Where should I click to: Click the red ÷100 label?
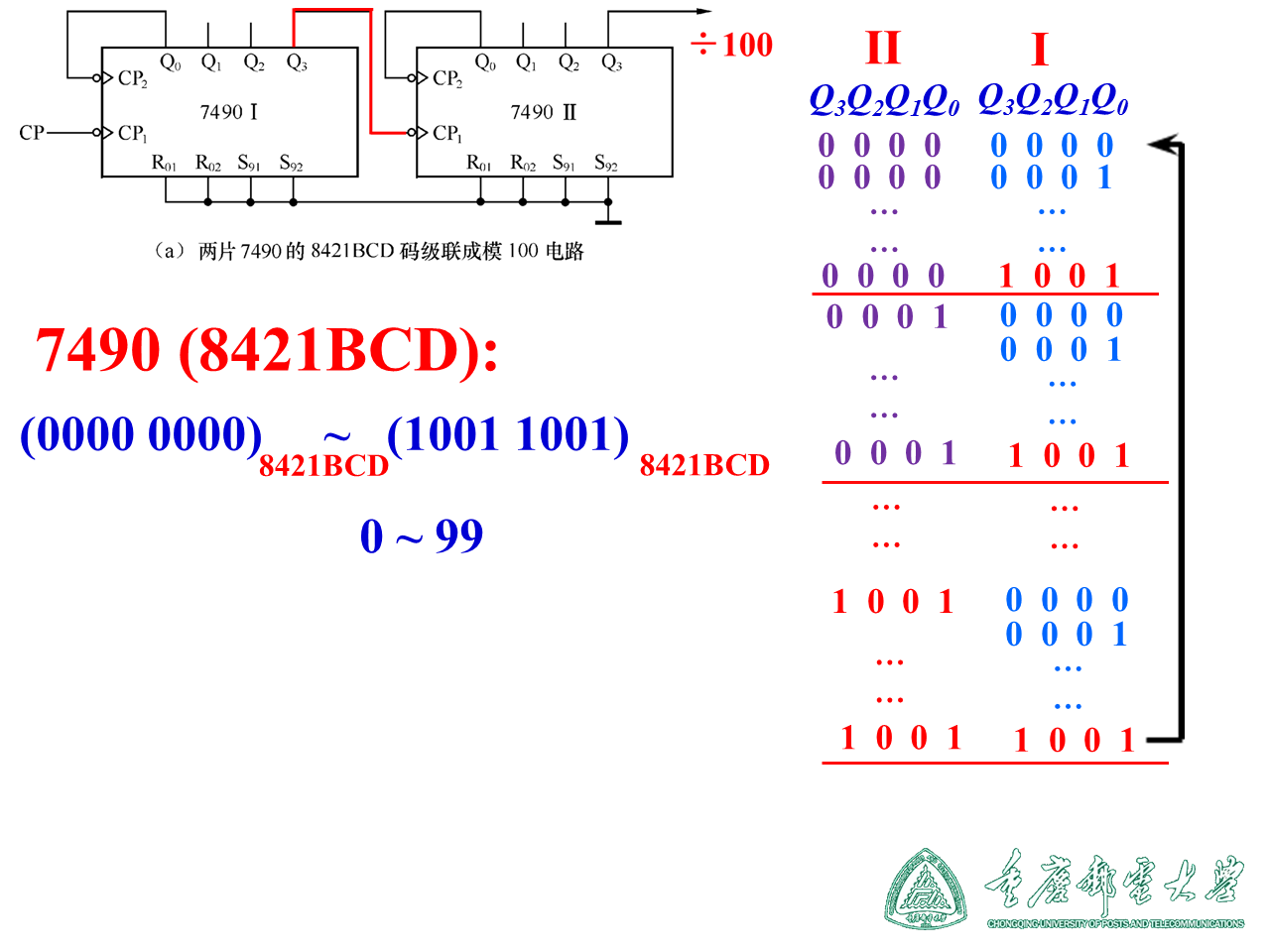tap(732, 45)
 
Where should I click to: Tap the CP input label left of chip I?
tap(31, 132)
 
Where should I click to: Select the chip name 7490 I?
tap(228, 111)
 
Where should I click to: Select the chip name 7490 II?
tap(543, 111)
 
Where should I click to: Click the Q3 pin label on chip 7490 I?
tap(297, 62)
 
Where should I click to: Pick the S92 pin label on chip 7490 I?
tap(291, 163)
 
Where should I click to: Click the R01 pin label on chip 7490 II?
tap(479, 163)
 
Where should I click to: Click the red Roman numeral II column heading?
tap(882, 48)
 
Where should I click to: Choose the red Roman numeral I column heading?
tap(1039, 49)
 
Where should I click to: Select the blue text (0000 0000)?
tap(141, 434)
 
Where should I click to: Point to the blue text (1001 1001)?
tap(508, 434)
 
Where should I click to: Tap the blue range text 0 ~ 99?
tap(421, 536)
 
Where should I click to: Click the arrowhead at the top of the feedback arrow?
tap(1161, 145)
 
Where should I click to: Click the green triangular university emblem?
tap(925, 889)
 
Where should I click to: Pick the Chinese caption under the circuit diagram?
tap(368, 251)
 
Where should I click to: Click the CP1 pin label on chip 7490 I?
tap(132, 133)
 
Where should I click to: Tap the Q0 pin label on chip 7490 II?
tap(485, 62)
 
